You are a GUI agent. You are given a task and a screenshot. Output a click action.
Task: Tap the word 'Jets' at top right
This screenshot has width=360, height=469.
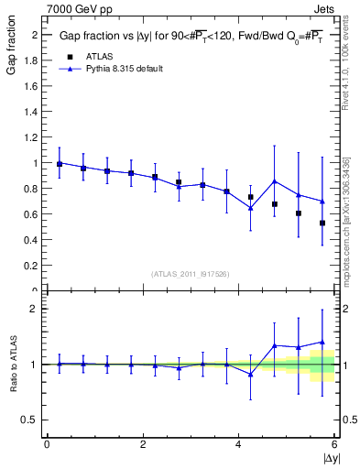coord(325,7)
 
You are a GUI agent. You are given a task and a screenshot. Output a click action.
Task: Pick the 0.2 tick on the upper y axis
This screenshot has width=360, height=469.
coord(33,266)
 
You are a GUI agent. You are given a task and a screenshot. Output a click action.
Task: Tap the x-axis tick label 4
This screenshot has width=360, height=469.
coord(239,444)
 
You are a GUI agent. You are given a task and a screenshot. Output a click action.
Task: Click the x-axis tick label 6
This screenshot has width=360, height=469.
coord(335,444)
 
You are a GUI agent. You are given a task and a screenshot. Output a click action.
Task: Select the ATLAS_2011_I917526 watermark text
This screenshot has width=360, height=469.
coord(191,274)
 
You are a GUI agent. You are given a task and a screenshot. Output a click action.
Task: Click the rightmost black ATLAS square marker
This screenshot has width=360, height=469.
coord(322,223)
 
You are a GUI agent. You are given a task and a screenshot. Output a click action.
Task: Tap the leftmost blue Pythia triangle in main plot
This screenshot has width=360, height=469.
coord(60,163)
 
